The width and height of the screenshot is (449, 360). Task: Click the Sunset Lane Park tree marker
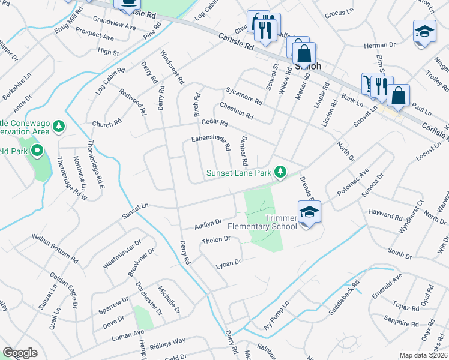[280, 172]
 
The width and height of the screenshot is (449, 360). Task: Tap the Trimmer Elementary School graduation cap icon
[309, 212]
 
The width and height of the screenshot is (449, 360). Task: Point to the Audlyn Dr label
[208, 224]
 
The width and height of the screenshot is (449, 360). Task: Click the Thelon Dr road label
[217, 241]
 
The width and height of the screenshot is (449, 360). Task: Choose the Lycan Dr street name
[229, 263]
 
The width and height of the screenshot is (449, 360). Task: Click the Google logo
[20, 353]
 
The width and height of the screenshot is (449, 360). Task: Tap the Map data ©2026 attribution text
[423, 355]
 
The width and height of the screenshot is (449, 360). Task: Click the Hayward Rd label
[386, 215]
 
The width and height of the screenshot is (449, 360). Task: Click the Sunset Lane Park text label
[238, 173]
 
